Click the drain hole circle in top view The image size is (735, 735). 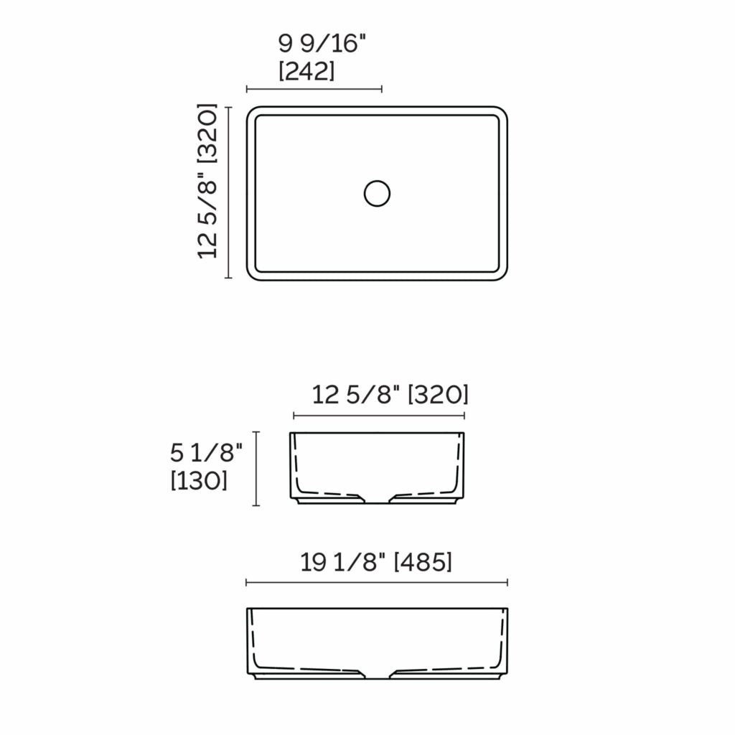tap(377, 193)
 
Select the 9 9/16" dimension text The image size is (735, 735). tap(322, 45)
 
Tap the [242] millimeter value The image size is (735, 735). tap(306, 71)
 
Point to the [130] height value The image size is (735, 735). tap(199, 480)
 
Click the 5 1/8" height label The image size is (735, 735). tap(207, 452)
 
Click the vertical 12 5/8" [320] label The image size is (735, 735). tap(207, 181)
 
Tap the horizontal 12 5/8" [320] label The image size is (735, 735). tap(390, 394)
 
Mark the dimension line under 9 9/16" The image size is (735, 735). tap(314, 89)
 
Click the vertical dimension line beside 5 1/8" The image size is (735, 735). tap(256, 468)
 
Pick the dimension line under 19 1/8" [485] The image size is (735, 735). tap(377, 582)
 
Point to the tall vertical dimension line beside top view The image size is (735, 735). tap(228, 192)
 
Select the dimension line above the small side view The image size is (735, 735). tap(379, 415)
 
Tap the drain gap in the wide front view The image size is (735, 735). tap(378, 675)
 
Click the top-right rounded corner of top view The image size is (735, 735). tap(500, 114)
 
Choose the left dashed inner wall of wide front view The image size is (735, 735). tap(255, 639)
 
